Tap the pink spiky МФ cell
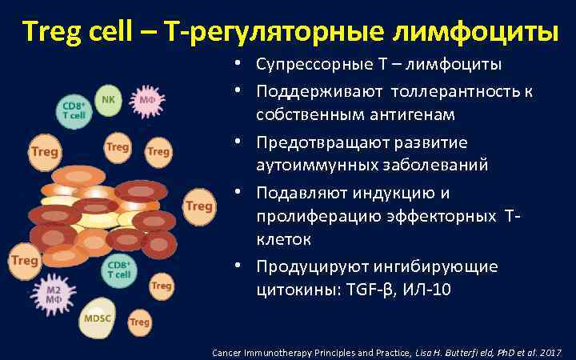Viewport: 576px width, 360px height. [147, 101]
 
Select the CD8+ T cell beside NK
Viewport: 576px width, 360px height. [74, 110]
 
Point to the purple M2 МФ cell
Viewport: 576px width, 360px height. [53, 293]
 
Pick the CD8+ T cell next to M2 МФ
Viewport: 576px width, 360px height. [119, 269]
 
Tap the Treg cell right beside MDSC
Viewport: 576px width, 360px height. [139, 322]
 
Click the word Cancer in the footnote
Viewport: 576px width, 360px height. [229, 352]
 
